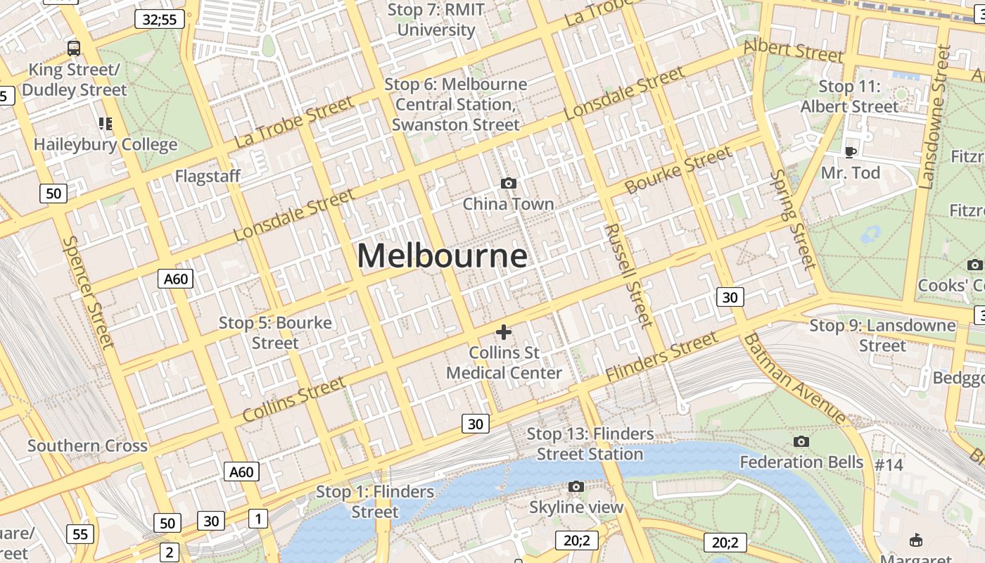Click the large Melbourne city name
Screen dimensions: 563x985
tap(442, 256)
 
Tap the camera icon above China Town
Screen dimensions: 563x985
tap(508, 184)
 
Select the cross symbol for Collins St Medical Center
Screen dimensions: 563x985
tap(504, 332)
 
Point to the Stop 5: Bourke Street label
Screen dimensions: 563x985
tap(275, 333)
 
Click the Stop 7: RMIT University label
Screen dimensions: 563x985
tap(436, 20)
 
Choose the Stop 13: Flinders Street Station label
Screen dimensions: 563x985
tap(590, 444)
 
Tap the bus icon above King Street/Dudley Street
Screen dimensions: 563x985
tap(74, 49)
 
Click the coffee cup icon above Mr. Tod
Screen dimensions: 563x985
tap(851, 152)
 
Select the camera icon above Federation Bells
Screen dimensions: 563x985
tap(801, 442)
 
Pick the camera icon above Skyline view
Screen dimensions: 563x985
tap(576, 487)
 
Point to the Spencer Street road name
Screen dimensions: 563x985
tap(88, 291)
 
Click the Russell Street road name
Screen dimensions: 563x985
tap(629, 276)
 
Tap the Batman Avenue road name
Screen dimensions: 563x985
tap(796, 378)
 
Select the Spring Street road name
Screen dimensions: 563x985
tap(793, 219)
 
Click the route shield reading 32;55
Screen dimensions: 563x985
tap(160, 19)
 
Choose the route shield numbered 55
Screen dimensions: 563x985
tap(81, 534)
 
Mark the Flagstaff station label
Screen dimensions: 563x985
tap(208, 176)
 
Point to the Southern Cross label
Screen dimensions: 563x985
tap(88, 445)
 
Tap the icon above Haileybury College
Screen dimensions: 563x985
tap(106, 125)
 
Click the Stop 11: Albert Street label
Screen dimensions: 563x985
tap(850, 96)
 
